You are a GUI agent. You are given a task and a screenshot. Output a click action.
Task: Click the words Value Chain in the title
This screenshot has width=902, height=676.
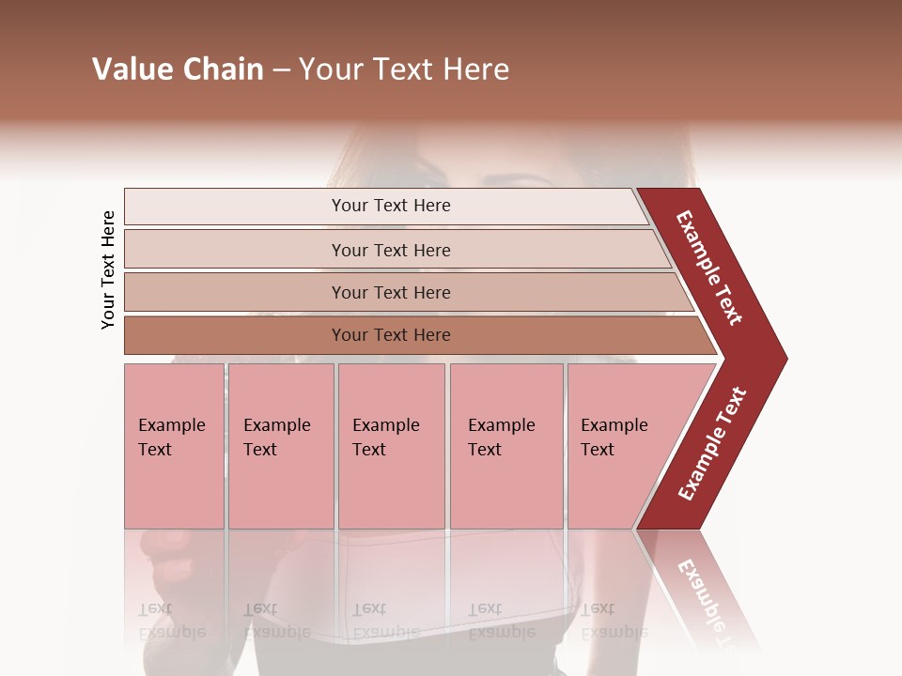coord(178,69)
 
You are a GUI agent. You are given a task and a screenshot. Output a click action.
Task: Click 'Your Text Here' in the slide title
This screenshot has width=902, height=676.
coord(404,69)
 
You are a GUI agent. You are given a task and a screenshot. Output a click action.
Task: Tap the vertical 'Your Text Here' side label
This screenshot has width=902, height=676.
coord(108,270)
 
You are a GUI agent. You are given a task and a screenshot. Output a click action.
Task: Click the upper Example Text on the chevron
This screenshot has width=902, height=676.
coord(709,268)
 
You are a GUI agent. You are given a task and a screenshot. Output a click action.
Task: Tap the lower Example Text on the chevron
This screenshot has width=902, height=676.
coord(711,444)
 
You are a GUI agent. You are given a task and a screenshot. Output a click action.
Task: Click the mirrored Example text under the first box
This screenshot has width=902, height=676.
coord(171,621)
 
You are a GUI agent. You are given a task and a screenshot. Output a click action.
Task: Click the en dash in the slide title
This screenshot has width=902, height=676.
coord(281,70)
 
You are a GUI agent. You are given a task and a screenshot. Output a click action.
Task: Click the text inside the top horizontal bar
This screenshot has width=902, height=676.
coord(391,206)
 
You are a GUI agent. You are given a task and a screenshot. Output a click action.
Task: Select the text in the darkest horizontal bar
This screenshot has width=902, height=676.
coord(391,335)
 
